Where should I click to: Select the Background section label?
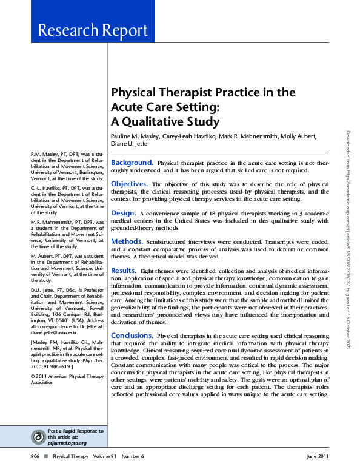pyautogui.click(x=132, y=163)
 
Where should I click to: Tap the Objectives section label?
pyautogui.click(x=130, y=183)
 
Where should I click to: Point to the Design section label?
pyautogui.click(x=123, y=213)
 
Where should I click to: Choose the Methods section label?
pyautogui.click(x=127, y=241)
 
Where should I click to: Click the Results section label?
pyautogui.click(x=124, y=270)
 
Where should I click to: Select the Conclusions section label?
pyautogui.click(x=132, y=335)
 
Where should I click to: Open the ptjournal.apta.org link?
pyautogui.click(x=67, y=443)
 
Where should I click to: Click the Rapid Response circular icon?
pyautogui.click(x=39, y=436)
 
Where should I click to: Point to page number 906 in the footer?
pyautogui.click(x=36, y=456)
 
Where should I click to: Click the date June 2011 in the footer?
pyautogui.click(x=318, y=456)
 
